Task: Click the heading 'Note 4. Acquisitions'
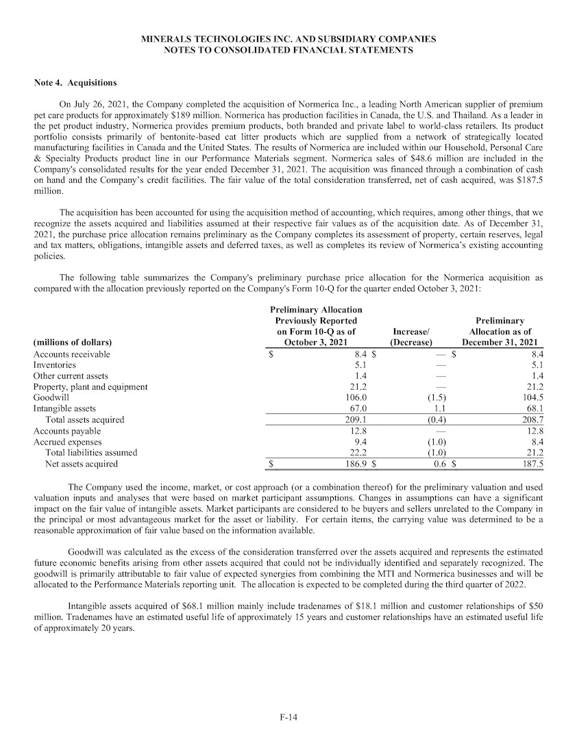tap(75, 83)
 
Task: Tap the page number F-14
tap(288, 717)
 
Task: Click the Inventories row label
tap(55, 365)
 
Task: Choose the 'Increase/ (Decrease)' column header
tap(410, 336)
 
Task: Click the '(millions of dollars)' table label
tap(73, 342)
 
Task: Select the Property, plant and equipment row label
tap(90, 387)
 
